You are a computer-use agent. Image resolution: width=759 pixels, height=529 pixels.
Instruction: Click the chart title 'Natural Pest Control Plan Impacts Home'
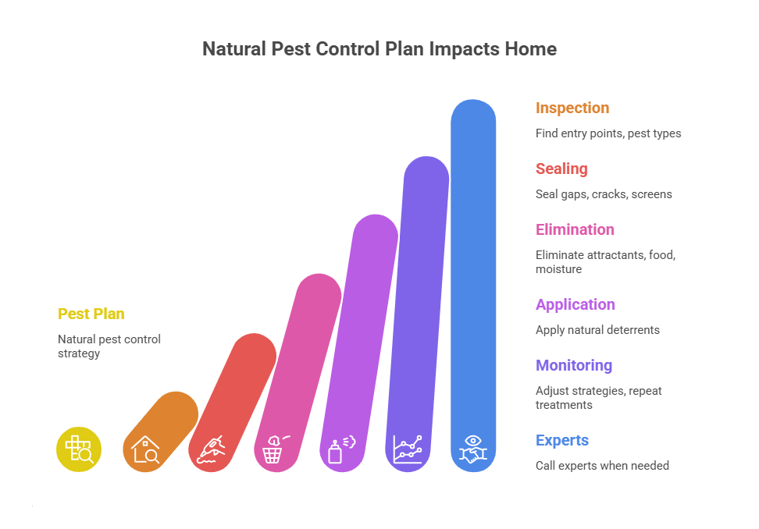coord(379,49)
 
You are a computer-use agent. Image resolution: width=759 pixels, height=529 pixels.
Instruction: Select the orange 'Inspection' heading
coord(572,108)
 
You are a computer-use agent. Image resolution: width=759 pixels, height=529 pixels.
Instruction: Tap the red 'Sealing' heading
coord(561,169)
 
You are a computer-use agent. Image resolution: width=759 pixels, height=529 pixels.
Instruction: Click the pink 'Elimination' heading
coord(575,229)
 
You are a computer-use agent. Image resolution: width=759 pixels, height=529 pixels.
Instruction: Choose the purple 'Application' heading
coord(575,304)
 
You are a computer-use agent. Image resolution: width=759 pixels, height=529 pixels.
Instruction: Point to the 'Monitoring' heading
coord(573,365)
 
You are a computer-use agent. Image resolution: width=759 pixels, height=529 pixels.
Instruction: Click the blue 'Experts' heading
coord(561,440)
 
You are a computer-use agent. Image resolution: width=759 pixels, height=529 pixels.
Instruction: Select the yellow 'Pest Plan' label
coord(91,314)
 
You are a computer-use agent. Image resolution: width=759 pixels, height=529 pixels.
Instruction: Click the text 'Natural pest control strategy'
coord(109,346)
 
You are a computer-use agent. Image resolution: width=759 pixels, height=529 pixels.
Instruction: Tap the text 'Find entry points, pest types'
coord(608,133)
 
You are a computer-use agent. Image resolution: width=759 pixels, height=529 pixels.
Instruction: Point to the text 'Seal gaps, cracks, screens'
coord(604,194)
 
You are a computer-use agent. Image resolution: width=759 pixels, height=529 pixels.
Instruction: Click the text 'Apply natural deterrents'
coord(597,330)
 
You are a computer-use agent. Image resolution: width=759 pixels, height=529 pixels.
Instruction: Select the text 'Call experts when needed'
coord(602,466)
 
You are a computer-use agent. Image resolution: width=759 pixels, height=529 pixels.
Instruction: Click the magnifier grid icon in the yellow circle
coord(79,450)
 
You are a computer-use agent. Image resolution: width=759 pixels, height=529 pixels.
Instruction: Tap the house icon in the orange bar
coord(145,450)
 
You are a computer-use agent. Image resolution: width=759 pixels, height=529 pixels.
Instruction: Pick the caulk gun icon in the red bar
coord(211,450)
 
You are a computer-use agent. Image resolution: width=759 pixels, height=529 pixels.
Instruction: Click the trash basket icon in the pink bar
coord(275,450)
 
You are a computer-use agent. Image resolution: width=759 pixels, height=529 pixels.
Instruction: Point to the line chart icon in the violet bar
coord(408,450)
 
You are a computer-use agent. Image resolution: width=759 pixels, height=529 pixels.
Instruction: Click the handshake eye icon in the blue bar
coord(473,450)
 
